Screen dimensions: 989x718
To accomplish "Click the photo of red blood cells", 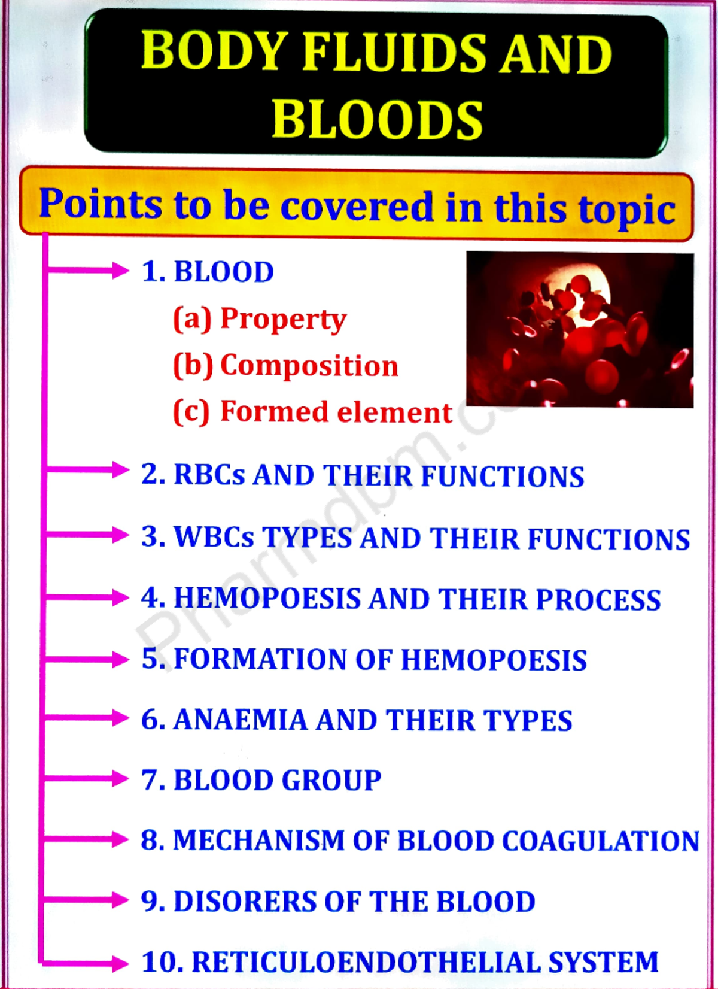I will click(x=579, y=329).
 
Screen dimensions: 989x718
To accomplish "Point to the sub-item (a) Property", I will click(x=260, y=318).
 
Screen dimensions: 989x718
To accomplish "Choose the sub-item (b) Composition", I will click(x=285, y=365).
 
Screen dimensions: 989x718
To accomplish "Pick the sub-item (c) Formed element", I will click(x=312, y=412).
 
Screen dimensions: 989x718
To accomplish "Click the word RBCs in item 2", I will click(x=209, y=475).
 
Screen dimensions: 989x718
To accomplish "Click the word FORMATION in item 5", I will click(x=260, y=659).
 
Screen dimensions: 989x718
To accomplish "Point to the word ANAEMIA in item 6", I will click(x=239, y=720).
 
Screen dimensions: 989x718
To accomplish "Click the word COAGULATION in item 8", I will click(x=600, y=841).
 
